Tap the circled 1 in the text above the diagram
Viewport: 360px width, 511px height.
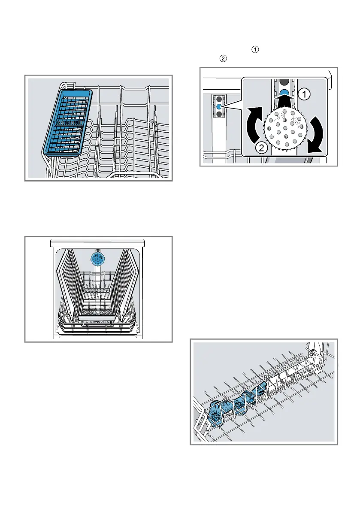(x=256, y=50)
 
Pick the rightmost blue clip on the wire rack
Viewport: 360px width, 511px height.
(x=260, y=390)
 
